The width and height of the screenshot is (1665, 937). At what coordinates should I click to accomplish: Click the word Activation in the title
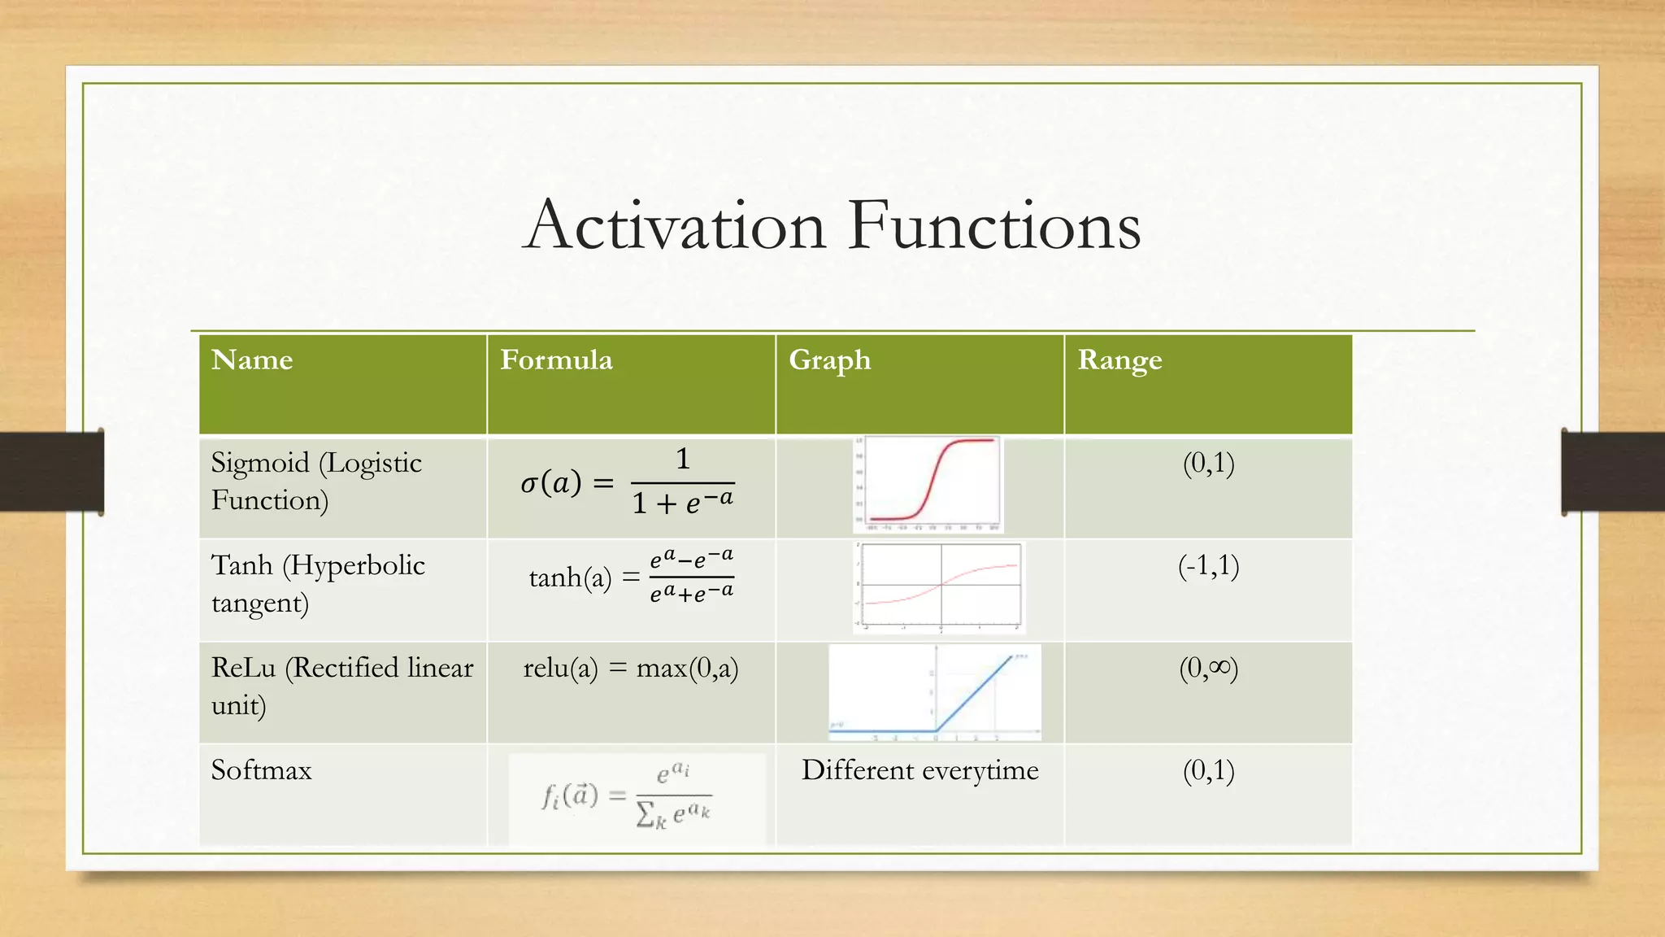[x=675, y=225]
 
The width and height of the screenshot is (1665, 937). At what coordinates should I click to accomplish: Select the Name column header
[x=252, y=360]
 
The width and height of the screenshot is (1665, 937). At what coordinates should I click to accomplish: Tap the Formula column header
[x=556, y=360]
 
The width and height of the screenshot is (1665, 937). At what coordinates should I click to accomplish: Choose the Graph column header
[x=829, y=360]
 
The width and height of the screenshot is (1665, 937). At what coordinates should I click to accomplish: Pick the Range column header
[x=1119, y=360]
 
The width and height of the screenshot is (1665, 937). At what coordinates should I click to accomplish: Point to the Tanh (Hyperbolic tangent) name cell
[x=317, y=583]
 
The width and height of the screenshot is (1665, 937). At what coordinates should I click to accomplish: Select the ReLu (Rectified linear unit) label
[x=341, y=686]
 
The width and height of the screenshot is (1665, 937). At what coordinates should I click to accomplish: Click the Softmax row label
[x=261, y=769]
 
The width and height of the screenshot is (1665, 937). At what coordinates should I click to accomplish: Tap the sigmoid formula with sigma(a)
[x=628, y=482]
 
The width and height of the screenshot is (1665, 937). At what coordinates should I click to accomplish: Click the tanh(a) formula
[x=631, y=577]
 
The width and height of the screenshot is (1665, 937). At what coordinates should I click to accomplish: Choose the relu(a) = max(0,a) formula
[x=631, y=668]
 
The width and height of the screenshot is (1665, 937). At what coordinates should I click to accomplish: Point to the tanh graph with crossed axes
[x=940, y=587]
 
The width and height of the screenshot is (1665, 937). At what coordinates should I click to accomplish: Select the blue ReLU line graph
[x=935, y=692]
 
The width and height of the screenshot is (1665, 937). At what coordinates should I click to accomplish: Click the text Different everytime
[x=919, y=769]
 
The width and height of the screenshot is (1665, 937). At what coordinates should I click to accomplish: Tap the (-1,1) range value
[x=1208, y=565]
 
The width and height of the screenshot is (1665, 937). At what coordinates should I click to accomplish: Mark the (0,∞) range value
[x=1208, y=668]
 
